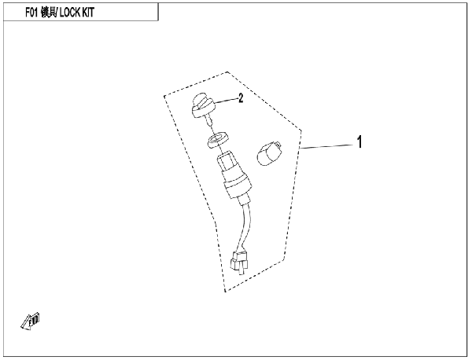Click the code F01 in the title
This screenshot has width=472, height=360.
tap(31, 13)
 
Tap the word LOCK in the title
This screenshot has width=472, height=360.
tap(70, 13)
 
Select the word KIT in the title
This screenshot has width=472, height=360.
tap(88, 13)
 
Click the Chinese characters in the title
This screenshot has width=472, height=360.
tap(48, 13)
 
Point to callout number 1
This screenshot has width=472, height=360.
tap(360, 142)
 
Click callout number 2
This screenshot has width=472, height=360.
tap(241, 97)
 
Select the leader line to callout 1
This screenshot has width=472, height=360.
tap(326, 146)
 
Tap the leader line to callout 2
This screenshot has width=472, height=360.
tap(226, 100)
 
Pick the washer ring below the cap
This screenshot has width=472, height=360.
tap(217, 139)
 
